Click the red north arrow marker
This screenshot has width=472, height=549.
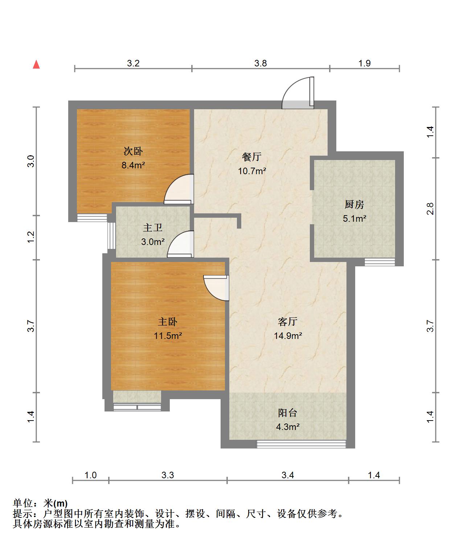36,65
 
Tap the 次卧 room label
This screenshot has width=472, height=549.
133,151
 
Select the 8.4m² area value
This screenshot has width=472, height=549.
133,165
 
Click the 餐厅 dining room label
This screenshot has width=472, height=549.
252,157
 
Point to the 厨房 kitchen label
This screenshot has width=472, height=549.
354,205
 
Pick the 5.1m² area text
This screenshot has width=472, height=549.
354,218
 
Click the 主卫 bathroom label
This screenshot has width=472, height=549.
152,228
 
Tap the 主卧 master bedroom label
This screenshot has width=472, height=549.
168,321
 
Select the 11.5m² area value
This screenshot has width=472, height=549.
168,336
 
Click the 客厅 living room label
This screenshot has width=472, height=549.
288,321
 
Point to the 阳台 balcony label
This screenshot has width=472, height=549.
288,413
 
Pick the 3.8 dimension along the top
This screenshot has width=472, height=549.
260,63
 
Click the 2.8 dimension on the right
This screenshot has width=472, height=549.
430,209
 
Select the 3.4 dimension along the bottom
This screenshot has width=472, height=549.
288,475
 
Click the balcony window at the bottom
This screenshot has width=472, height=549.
301,443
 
